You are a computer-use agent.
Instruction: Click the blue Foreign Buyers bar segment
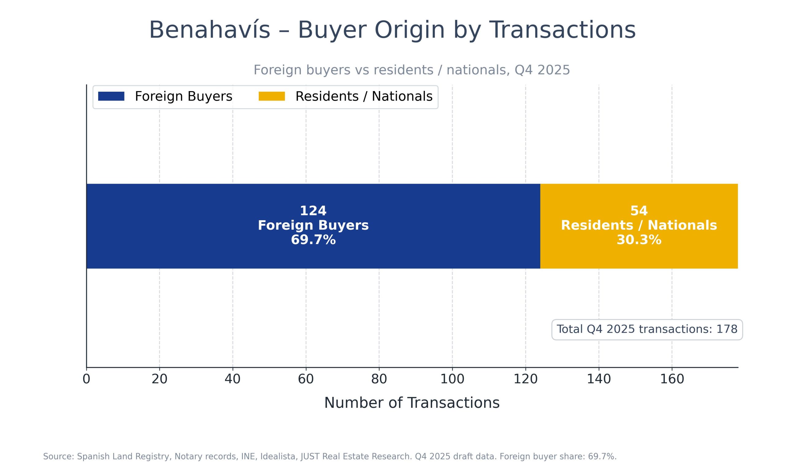click(190, 226)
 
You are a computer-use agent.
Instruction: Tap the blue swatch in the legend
click(111, 96)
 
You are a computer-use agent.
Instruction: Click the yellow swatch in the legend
click(272, 96)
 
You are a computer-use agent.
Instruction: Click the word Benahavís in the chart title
click(209, 30)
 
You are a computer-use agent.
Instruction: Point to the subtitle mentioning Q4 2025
click(412, 70)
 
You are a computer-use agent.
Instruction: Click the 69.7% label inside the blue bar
click(313, 240)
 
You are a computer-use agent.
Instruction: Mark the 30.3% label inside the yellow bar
click(639, 240)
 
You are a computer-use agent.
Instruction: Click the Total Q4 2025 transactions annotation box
click(647, 329)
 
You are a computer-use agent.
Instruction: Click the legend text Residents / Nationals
click(364, 97)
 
